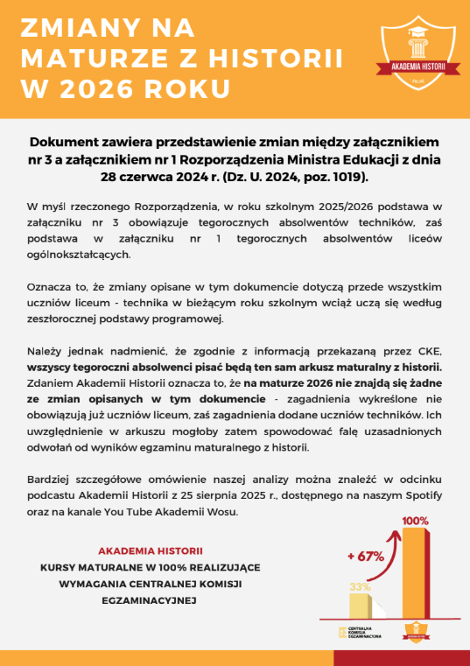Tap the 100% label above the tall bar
point(415,522)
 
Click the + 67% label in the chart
point(366,557)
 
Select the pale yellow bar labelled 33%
point(361,606)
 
